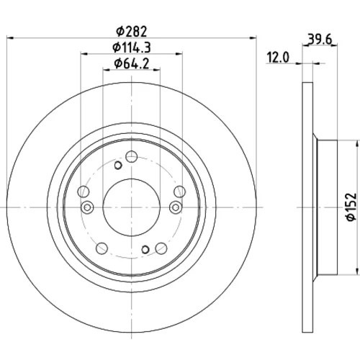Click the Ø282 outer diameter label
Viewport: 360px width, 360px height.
coord(131,32)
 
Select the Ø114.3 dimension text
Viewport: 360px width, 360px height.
coord(132,48)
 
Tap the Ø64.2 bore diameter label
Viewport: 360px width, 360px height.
coord(132,63)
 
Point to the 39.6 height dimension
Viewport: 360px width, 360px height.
coord(320,39)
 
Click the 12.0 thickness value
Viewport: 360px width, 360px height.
coord(279,58)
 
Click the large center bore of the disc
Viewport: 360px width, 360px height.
coord(132,207)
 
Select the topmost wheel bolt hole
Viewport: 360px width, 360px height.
coord(132,157)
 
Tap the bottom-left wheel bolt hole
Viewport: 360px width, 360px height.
coord(102,248)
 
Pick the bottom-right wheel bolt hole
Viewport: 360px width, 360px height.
coord(161,248)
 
